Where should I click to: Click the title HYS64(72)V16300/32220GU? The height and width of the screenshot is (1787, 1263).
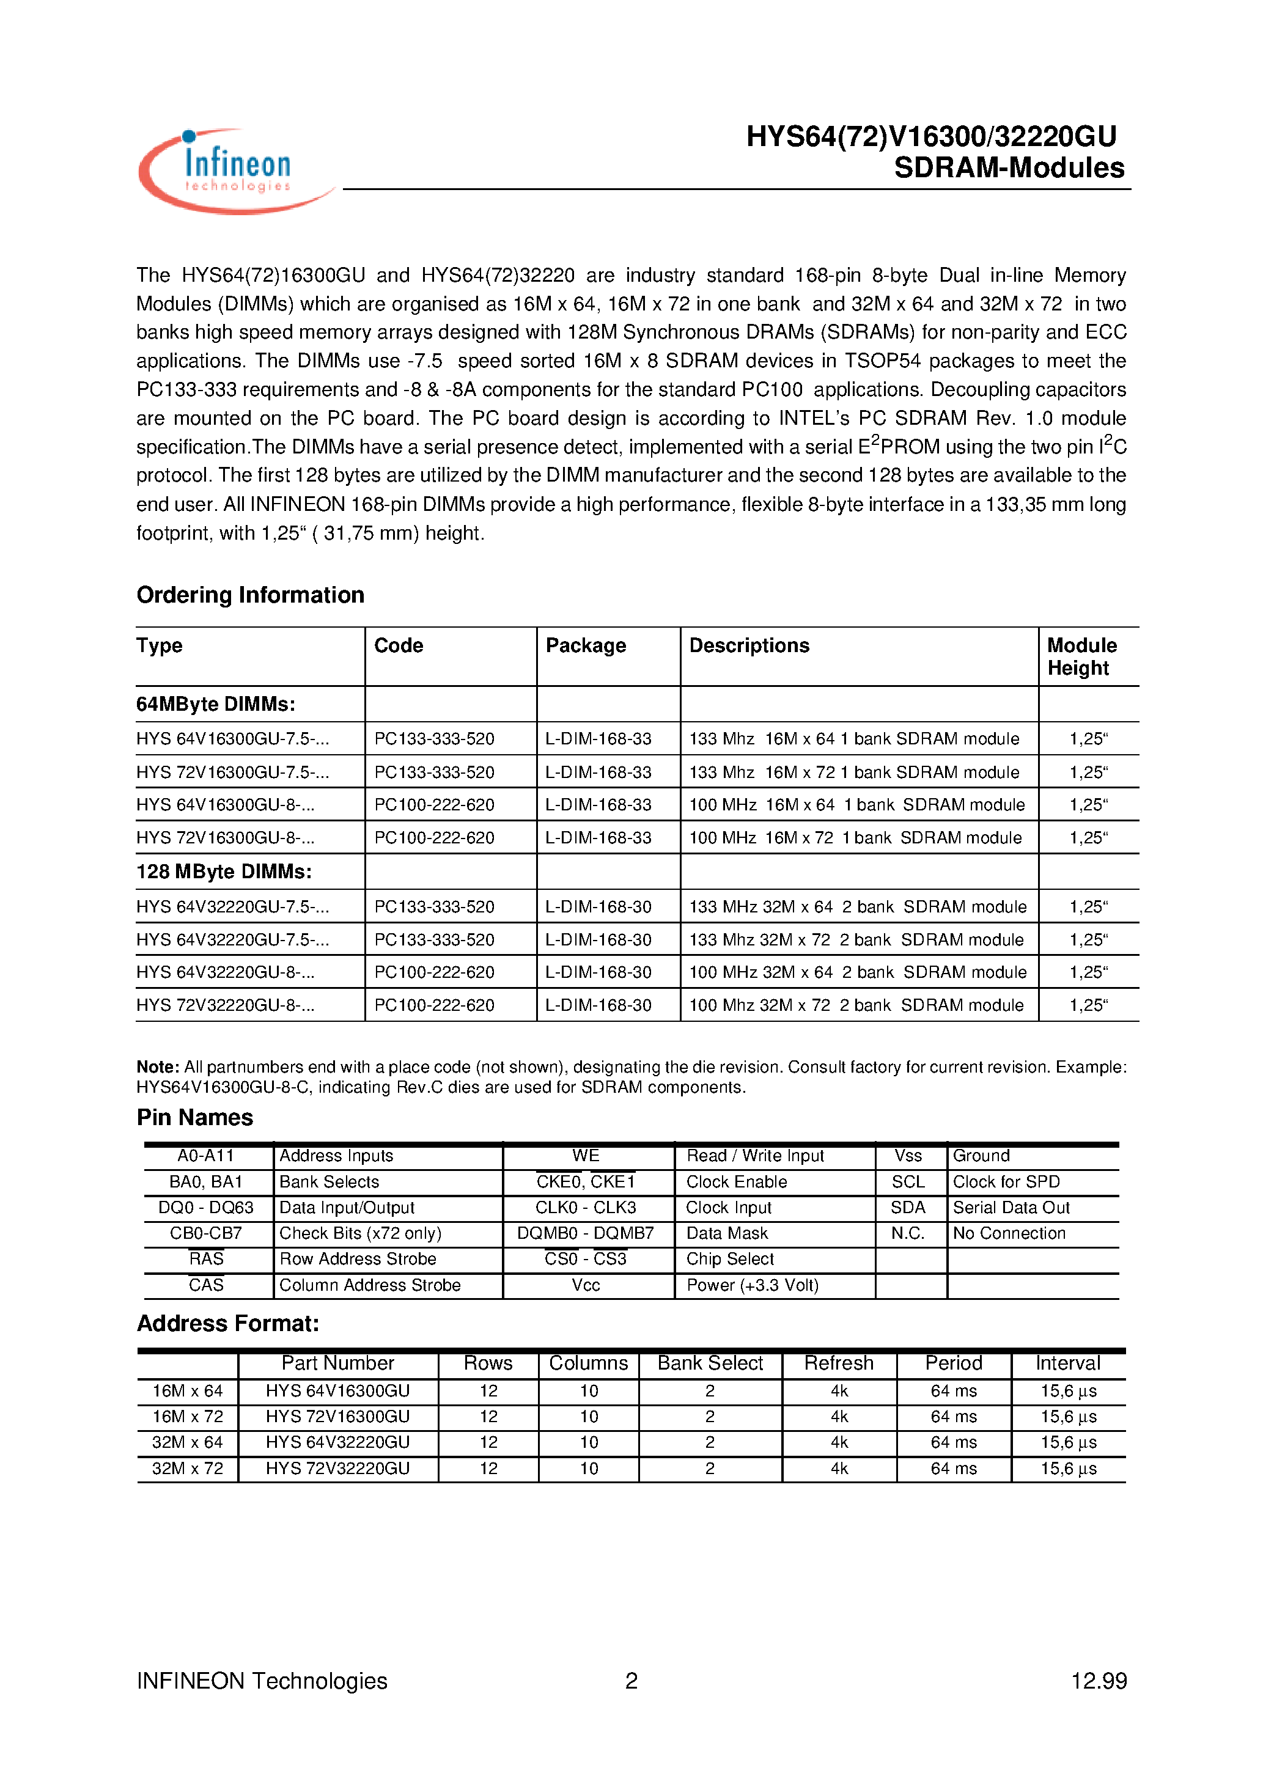click(930, 136)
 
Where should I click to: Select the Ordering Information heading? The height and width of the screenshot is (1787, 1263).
click(250, 595)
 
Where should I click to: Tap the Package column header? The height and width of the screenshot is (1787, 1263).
click(586, 645)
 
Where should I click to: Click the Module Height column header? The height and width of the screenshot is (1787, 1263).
click(1081, 656)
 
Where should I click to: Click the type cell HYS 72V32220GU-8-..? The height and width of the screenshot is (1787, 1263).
click(225, 1005)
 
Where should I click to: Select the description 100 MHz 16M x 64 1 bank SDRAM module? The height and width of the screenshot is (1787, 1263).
click(856, 805)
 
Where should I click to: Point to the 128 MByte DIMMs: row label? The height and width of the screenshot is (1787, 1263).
click(224, 871)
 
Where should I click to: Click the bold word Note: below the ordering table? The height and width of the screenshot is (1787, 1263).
click(158, 1067)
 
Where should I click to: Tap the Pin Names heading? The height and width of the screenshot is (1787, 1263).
click(194, 1118)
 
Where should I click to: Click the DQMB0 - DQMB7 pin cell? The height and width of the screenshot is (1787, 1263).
click(586, 1233)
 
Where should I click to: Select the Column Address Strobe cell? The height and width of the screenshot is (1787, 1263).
click(370, 1285)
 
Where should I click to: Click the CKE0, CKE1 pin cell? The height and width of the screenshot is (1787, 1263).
click(586, 1181)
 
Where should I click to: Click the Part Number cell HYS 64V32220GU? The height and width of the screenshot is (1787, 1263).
click(337, 1442)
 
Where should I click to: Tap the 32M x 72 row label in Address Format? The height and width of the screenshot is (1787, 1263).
click(187, 1468)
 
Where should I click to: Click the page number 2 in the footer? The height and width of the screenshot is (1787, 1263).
click(631, 1681)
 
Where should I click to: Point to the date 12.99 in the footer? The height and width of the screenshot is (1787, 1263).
click(1098, 1681)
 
